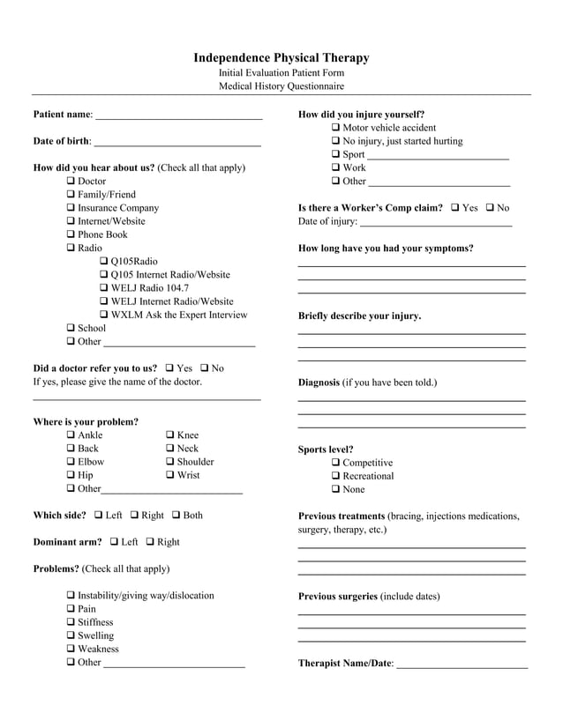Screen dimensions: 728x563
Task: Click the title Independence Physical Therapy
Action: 281,58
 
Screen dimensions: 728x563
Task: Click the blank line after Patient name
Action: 178,116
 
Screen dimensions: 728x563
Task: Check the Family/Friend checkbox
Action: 71,195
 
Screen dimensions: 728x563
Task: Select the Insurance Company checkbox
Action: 71,208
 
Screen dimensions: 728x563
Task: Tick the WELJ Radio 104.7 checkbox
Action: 104,288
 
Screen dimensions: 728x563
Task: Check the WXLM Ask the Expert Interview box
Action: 104,315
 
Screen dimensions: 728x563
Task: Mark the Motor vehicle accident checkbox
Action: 336,128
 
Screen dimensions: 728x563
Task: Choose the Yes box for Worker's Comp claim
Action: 455,208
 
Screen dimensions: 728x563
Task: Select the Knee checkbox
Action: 170,435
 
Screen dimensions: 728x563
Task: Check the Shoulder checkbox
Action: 170,462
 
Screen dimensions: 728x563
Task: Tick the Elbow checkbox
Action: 71,462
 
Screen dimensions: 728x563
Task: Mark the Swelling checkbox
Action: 71,635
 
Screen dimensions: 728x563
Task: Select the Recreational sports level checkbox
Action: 336,476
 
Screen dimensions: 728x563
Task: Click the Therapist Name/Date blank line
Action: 462,665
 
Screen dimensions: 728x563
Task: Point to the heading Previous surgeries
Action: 338,597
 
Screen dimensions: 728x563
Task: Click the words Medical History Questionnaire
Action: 281,86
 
